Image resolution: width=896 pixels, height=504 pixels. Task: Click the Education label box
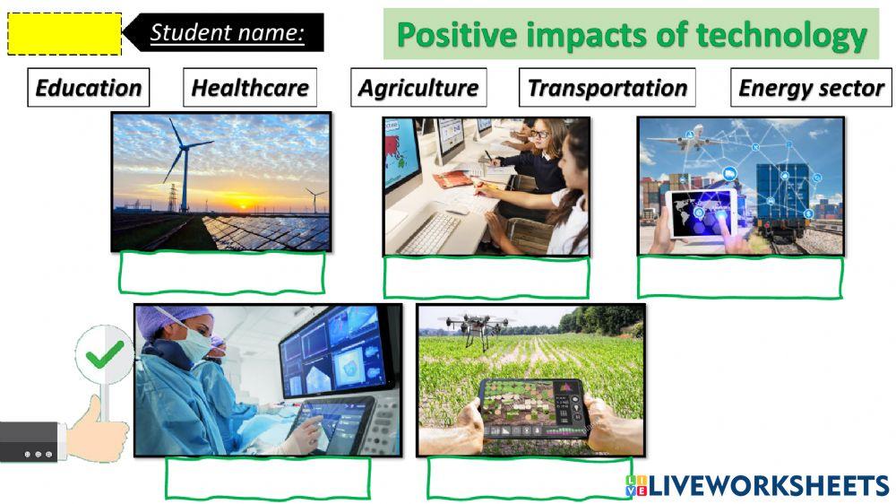(x=88, y=88)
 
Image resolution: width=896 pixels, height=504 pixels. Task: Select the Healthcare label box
(x=250, y=88)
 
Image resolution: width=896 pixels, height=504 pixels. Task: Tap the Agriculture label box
(x=418, y=88)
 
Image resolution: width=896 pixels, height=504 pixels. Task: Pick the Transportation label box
(x=607, y=88)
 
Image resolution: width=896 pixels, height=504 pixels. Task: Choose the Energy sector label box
(x=811, y=88)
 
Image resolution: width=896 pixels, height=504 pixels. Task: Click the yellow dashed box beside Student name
(x=64, y=34)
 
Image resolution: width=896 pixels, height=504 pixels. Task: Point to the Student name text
(x=227, y=33)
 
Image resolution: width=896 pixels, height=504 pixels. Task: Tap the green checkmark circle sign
(x=105, y=356)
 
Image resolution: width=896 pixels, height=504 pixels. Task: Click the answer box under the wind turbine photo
(x=221, y=272)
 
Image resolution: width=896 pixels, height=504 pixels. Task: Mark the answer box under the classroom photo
(x=486, y=277)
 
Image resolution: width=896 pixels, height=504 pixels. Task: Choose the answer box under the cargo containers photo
(x=739, y=277)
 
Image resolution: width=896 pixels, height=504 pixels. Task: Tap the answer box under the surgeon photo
(x=267, y=477)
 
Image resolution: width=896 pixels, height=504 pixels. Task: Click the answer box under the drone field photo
(x=529, y=477)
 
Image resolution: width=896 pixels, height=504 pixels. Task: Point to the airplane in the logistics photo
(x=675, y=142)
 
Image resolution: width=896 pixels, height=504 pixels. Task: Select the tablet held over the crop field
(x=530, y=408)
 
